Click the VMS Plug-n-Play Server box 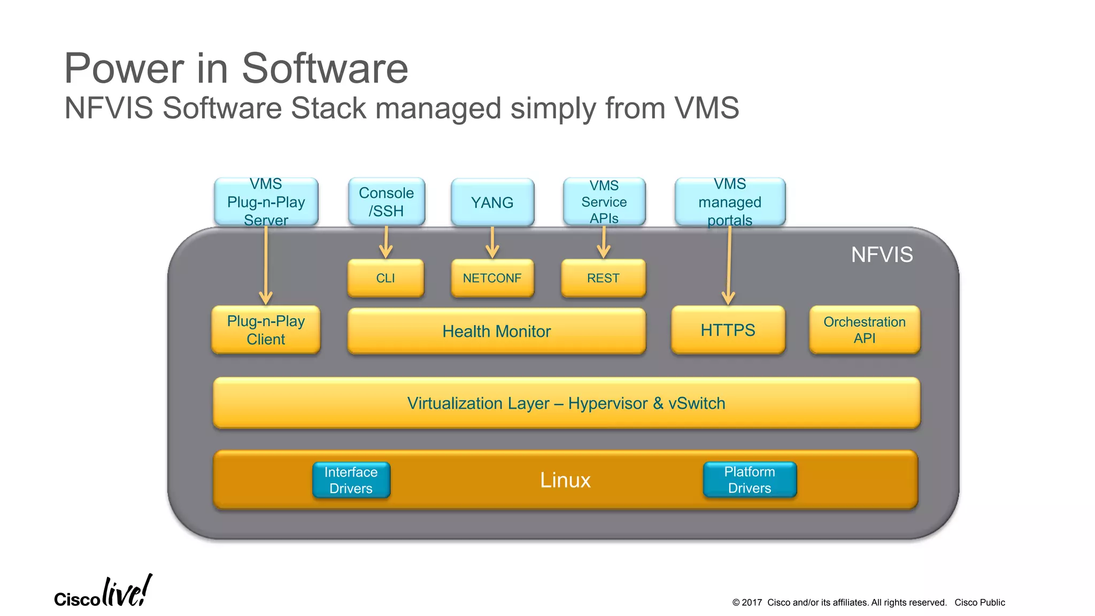pyautogui.click(x=266, y=202)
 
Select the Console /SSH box pyautogui.click(x=386, y=202)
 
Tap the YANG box pyautogui.click(x=492, y=202)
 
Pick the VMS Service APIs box pyautogui.click(x=604, y=202)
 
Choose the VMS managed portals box pyautogui.click(x=730, y=202)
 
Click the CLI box pyautogui.click(x=385, y=278)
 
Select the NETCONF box pyautogui.click(x=492, y=278)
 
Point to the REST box pyautogui.click(x=603, y=278)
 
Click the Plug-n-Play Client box pyautogui.click(x=266, y=330)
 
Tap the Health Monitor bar pyautogui.click(x=496, y=331)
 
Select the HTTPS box pyautogui.click(x=728, y=330)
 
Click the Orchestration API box pyautogui.click(x=865, y=330)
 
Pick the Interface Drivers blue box pyautogui.click(x=351, y=480)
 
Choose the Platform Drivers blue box pyautogui.click(x=750, y=480)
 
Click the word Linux pyautogui.click(x=565, y=480)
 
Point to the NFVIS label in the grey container pyautogui.click(x=882, y=255)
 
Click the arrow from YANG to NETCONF pyautogui.click(x=492, y=243)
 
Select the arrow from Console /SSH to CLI pyautogui.click(x=386, y=243)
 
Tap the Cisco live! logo pyautogui.click(x=103, y=592)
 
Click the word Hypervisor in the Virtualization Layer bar pyautogui.click(x=608, y=403)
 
